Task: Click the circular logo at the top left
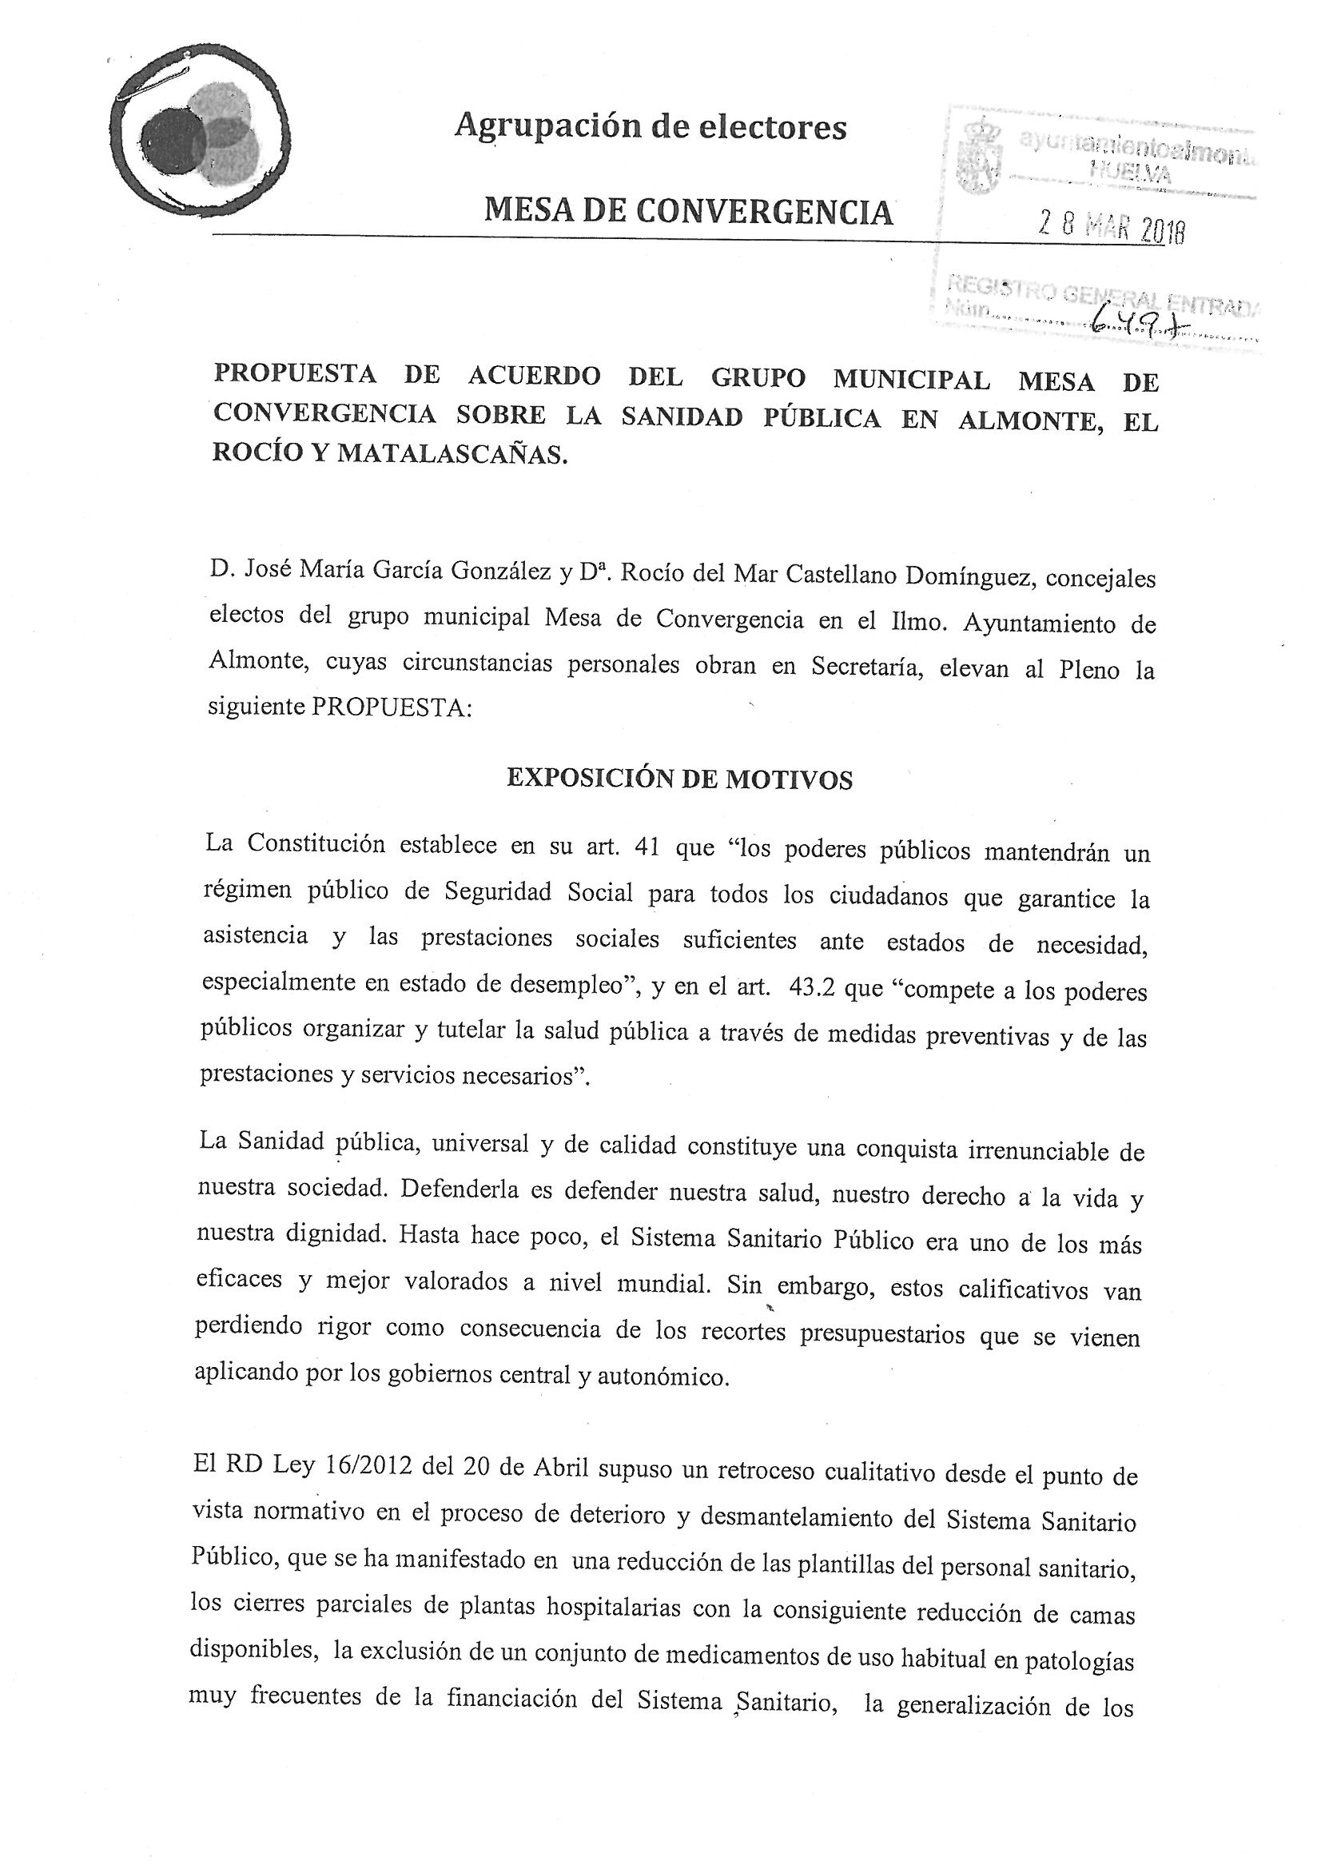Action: point(201,136)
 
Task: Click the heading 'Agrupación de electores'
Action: point(651,126)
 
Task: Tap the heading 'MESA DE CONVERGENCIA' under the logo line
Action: point(689,213)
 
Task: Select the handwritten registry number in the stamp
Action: point(1138,324)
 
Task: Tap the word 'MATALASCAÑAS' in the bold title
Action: point(451,452)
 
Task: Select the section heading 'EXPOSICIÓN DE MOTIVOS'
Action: point(679,779)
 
